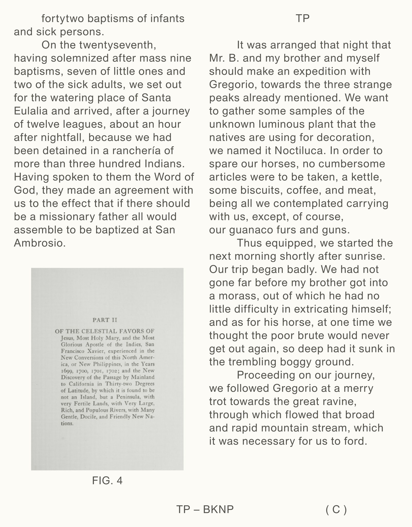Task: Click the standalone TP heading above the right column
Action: pyautogui.click(x=302, y=19)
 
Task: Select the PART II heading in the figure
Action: pyautogui.click(x=105, y=320)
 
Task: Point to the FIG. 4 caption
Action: pyautogui.click(x=107, y=480)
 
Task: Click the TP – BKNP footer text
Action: pyautogui.click(x=205, y=509)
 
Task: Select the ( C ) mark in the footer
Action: pyautogui.click(x=336, y=509)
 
